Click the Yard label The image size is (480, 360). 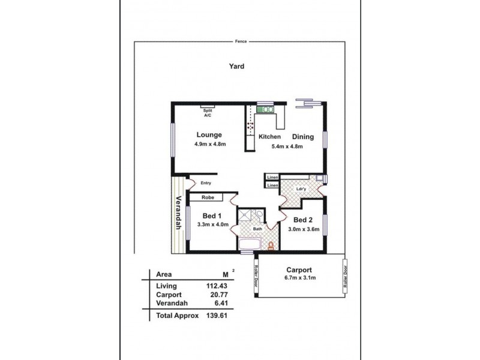pos(236,67)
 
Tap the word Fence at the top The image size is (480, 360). pos(241,42)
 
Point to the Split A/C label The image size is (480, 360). pos(208,112)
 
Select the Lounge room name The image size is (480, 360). pos(209,135)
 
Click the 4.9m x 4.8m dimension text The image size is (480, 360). pos(209,145)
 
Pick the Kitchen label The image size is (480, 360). pos(269,137)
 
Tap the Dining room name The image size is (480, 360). pos(302,136)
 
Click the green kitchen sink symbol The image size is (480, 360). pos(265,109)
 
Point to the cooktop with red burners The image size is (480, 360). pos(250,127)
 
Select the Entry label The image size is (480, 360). pos(206,183)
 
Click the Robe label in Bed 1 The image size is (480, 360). pos(208,197)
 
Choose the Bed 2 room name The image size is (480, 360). pos(303,220)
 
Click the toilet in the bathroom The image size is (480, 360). pos(271,245)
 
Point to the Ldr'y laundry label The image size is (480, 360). pos(302,190)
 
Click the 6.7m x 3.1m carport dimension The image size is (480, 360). pos(301,278)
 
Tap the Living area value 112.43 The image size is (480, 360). pos(217,286)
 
